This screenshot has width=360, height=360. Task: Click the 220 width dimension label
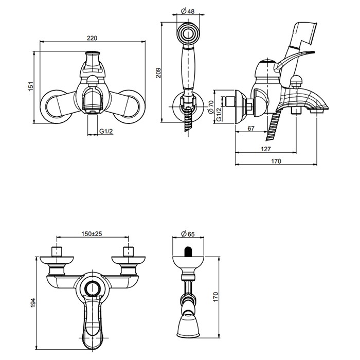(92, 38)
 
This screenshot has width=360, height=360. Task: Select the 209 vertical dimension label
(158, 73)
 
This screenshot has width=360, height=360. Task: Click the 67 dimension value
(251, 129)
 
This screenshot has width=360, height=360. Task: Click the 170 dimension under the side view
(276, 161)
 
